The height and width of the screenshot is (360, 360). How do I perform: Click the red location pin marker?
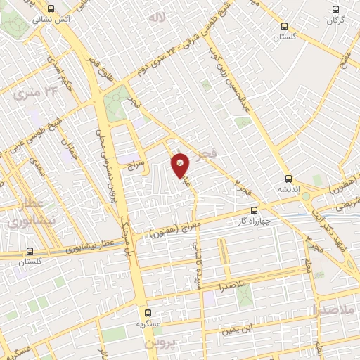(x=181, y=164)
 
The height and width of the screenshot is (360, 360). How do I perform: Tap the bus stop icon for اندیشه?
(x=288, y=178)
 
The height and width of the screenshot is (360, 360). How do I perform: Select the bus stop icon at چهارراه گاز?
(x=255, y=210)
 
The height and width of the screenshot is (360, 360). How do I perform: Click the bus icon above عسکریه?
(x=147, y=313)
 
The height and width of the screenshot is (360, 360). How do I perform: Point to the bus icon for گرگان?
(x=335, y=10)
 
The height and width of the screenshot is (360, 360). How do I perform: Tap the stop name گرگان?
(x=335, y=21)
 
